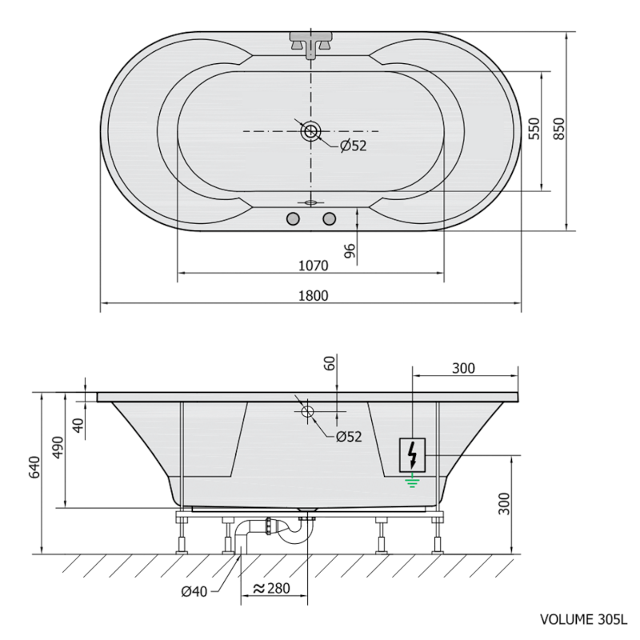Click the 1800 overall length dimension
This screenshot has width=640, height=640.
[313, 295]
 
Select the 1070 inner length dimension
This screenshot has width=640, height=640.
[313, 266]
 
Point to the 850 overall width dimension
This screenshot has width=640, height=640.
[558, 129]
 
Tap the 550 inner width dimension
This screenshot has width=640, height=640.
[534, 129]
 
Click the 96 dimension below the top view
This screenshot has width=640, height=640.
[350, 251]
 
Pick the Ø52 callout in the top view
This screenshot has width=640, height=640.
[354, 146]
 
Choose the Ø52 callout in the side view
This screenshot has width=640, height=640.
[349, 437]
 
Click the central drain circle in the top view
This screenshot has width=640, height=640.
[311, 131]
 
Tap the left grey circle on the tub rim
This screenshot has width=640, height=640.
[293, 219]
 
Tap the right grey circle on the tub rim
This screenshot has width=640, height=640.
[329, 219]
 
